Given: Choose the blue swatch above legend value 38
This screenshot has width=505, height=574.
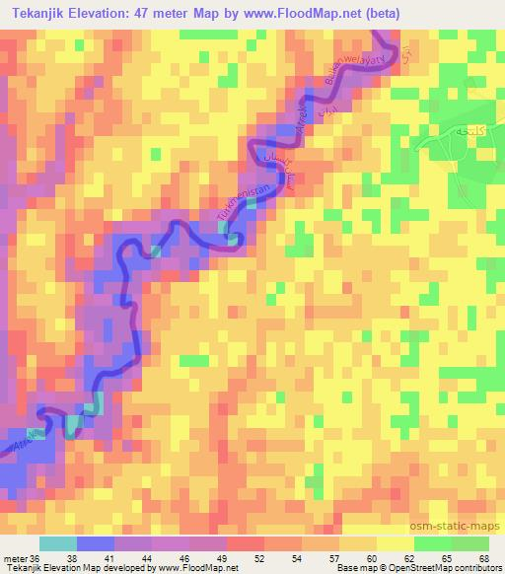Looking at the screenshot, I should (95, 543).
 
